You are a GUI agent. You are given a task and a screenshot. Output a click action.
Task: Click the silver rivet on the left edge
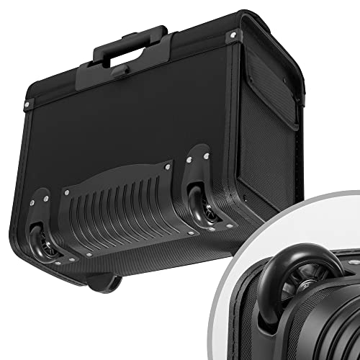coord(27,105)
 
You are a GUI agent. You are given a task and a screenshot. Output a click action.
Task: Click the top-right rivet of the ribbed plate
coord(167,166)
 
